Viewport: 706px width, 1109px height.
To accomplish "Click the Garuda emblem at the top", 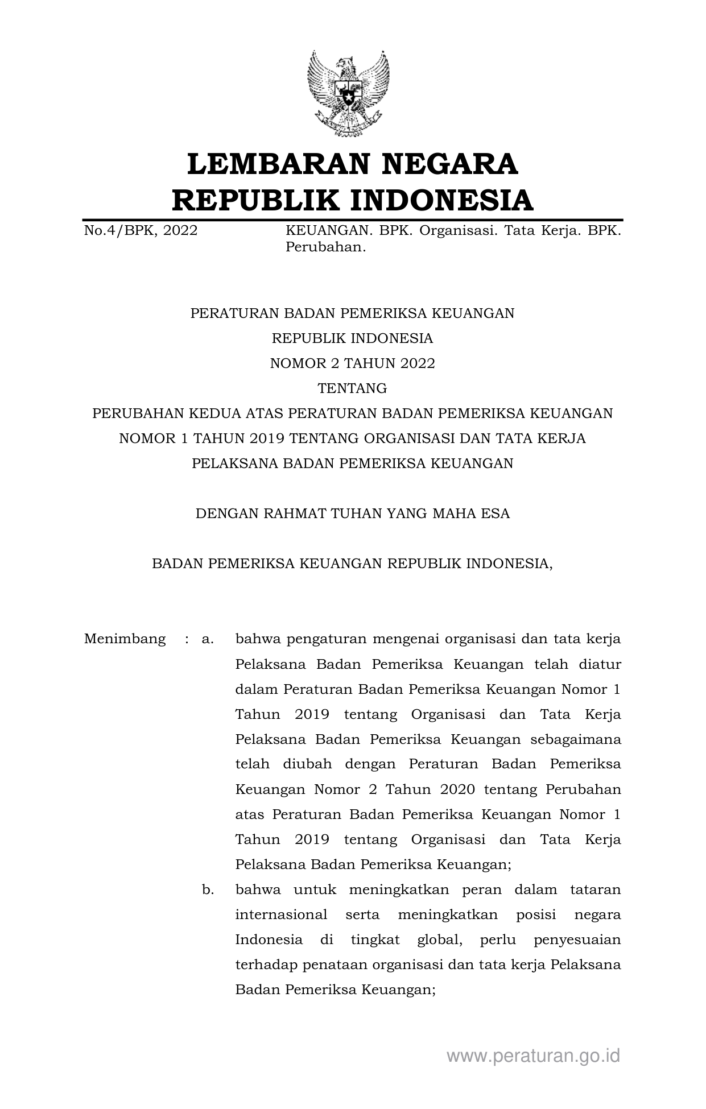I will (x=348, y=93).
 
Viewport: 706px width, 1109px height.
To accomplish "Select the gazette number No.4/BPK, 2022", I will (x=141, y=231).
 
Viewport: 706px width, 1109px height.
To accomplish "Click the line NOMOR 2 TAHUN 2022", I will (x=352, y=363).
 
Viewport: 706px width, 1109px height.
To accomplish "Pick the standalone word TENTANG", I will (x=352, y=388).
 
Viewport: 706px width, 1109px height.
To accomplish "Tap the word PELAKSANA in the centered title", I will (x=234, y=464).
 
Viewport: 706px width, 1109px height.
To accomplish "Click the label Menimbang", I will (x=125, y=639).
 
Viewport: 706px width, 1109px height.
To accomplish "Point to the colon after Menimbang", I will (x=187, y=639).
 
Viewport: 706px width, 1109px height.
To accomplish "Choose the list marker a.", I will (x=208, y=639).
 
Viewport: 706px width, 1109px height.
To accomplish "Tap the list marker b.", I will (x=208, y=889).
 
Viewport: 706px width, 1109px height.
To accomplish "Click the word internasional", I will (x=281, y=914).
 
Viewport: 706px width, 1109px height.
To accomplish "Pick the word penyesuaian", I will (x=577, y=940).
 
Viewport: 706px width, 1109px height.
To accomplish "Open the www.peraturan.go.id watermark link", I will (x=533, y=1056).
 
